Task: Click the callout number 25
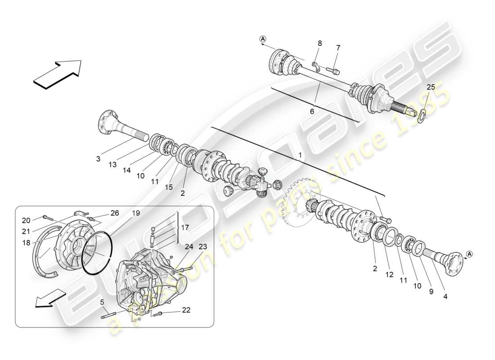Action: click(x=431, y=87)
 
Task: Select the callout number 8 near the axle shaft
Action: click(x=320, y=43)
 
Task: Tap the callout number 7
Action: click(x=338, y=48)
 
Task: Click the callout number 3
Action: click(x=99, y=158)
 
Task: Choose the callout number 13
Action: click(x=112, y=165)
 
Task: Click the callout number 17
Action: click(x=184, y=228)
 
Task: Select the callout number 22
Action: click(x=186, y=310)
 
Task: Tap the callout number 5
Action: click(x=103, y=302)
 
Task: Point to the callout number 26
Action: click(x=115, y=212)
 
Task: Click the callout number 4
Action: click(x=445, y=297)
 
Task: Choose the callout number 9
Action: click(x=431, y=292)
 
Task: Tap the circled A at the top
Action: click(x=263, y=39)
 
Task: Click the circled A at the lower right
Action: click(x=469, y=254)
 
